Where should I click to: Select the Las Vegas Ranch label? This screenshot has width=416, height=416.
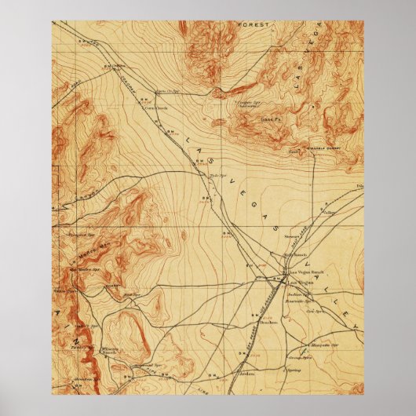302,272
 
